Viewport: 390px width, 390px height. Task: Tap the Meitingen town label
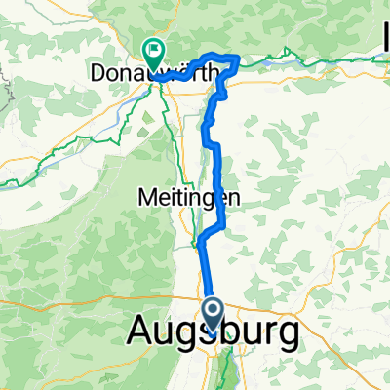coord(185,196)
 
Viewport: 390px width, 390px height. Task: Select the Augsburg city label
coord(213,334)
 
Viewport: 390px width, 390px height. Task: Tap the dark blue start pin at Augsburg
coord(214,314)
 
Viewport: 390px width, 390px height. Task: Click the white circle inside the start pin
coord(214,311)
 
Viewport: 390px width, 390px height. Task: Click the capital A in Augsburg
coord(140,333)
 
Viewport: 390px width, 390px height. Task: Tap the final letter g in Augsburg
coord(287,337)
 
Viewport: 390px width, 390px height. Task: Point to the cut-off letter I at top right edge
coord(386,41)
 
